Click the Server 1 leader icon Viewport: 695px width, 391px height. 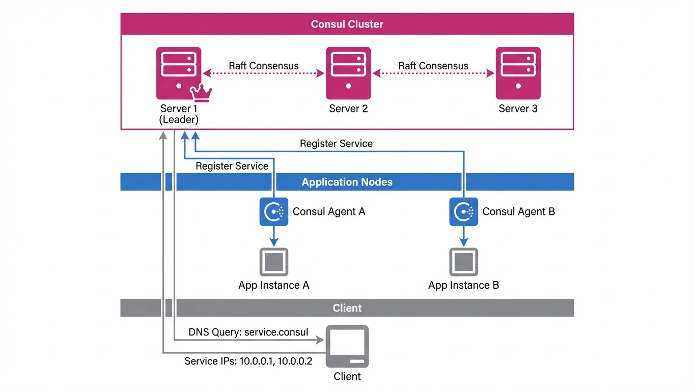click(x=178, y=73)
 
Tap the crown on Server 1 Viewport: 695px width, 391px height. click(x=201, y=94)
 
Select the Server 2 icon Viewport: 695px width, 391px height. click(x=348, y=73)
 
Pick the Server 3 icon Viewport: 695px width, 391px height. click(x=518, y=73)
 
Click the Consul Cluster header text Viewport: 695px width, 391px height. click(x=347, y=24)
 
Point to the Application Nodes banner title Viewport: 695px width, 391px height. click(x=347, y=182)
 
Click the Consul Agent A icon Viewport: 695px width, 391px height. click(x=274, y=212)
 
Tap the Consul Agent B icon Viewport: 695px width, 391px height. click(x=463, y=212)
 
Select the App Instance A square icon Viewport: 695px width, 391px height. click(x=274, y=262)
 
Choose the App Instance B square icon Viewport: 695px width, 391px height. click(x=463, y=262)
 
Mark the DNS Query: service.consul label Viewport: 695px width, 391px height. click(x=248, y=332)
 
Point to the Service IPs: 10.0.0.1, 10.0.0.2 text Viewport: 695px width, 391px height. click(x=248, y=361)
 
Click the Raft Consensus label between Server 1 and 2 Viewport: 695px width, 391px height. click(x=263, y=66)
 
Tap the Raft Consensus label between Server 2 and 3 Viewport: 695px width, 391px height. click(x=433, y=66)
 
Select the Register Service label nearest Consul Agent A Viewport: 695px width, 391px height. click(x=232, y=166)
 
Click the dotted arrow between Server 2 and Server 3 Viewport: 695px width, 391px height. click(x=433, y=74)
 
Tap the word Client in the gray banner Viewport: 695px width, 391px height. click(x=347, y=308)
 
